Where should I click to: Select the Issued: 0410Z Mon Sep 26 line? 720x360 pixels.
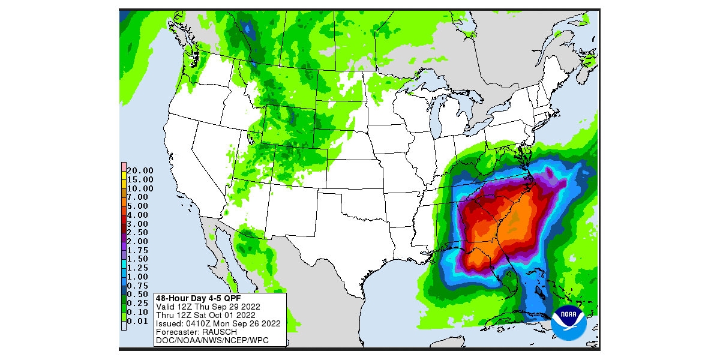[218, 323]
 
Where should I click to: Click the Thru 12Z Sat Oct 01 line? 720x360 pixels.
[205, 314]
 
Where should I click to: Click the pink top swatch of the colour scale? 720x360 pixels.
[123, 167]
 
